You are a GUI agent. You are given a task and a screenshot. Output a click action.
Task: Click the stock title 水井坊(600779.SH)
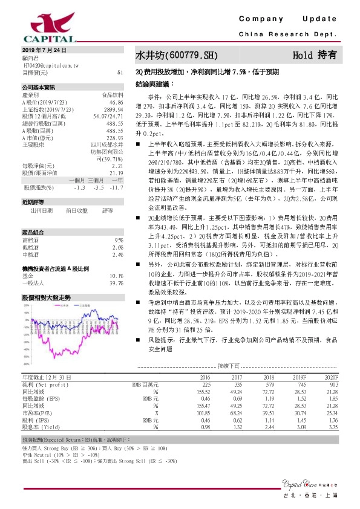(x=176, y=55)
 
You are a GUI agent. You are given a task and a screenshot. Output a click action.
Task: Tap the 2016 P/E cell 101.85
(x=203, y=412)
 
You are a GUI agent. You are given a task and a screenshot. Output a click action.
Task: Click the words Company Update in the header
(x=290, y=19)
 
